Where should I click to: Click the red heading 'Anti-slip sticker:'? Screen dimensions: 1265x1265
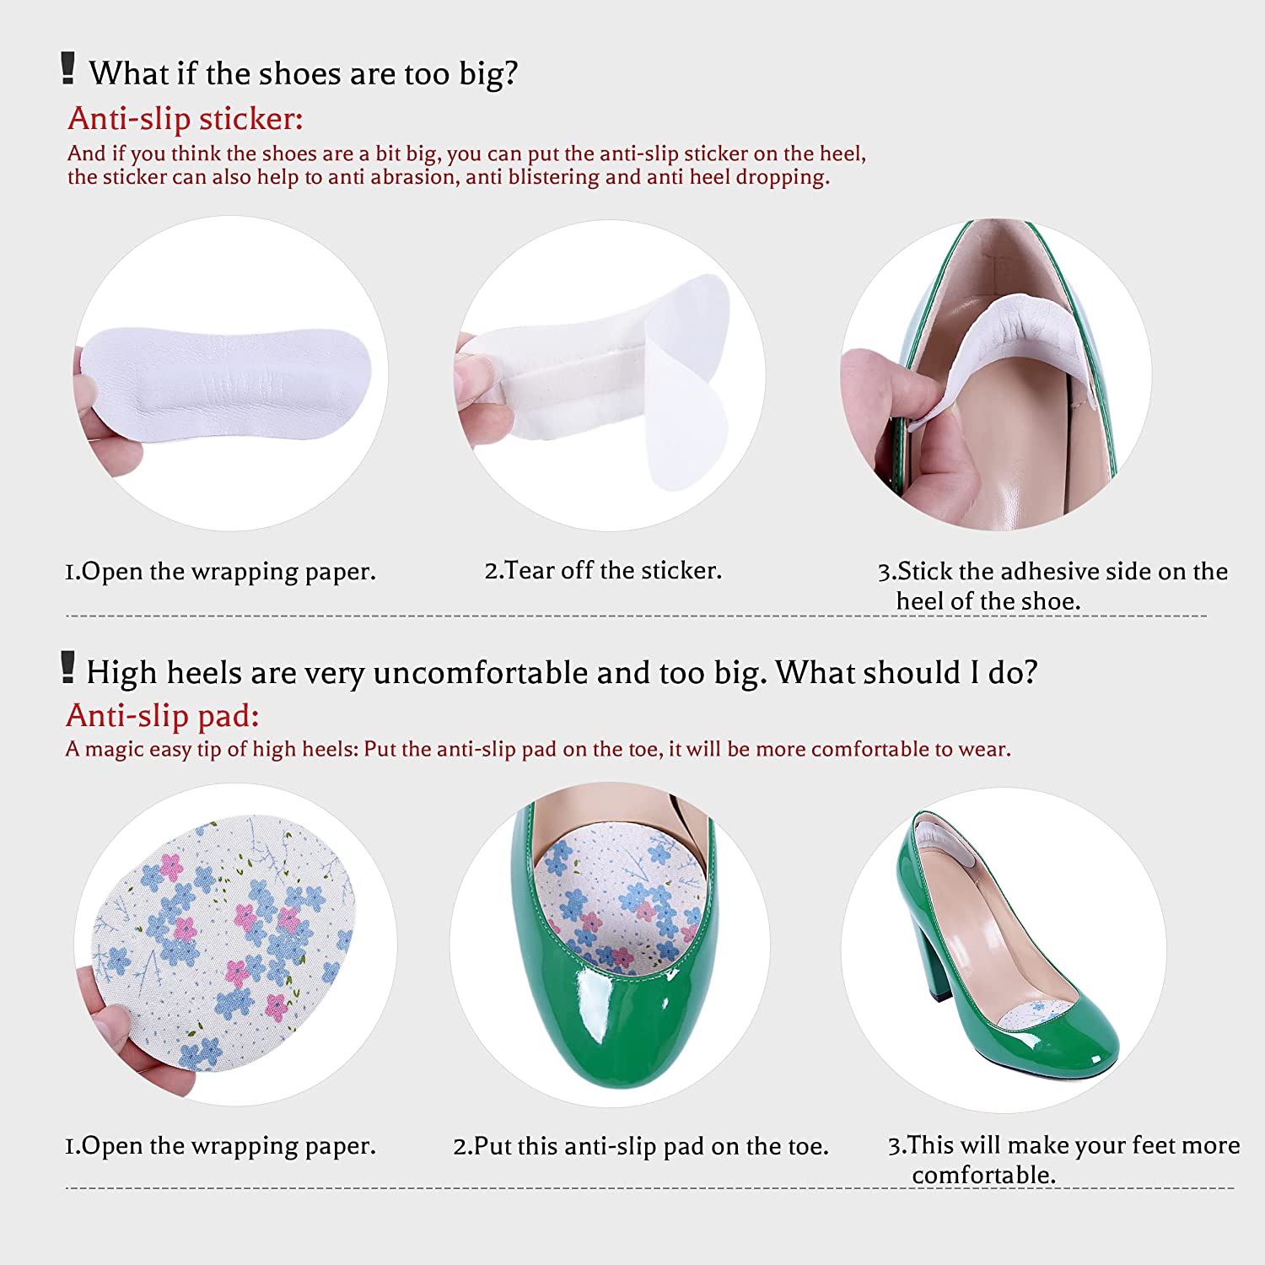tap(185, 119)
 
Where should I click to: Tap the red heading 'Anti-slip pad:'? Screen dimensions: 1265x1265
tap(163, 716)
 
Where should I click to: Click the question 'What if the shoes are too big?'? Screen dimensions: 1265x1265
tap(304, 73)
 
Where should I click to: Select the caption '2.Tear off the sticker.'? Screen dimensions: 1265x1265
tap(603, 571)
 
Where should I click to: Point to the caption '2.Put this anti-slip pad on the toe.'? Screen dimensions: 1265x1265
tap(641, 1146)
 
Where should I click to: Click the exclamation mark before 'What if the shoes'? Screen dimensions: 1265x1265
tap(68, 68)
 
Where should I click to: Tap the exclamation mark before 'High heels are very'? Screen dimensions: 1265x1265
tap(68, 667)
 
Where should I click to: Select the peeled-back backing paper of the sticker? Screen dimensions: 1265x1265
tap(687, 384)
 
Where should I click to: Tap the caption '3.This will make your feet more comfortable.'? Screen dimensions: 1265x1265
tap(1063, 1160)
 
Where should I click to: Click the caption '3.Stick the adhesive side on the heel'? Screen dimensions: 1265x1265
tap(1052, 586)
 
